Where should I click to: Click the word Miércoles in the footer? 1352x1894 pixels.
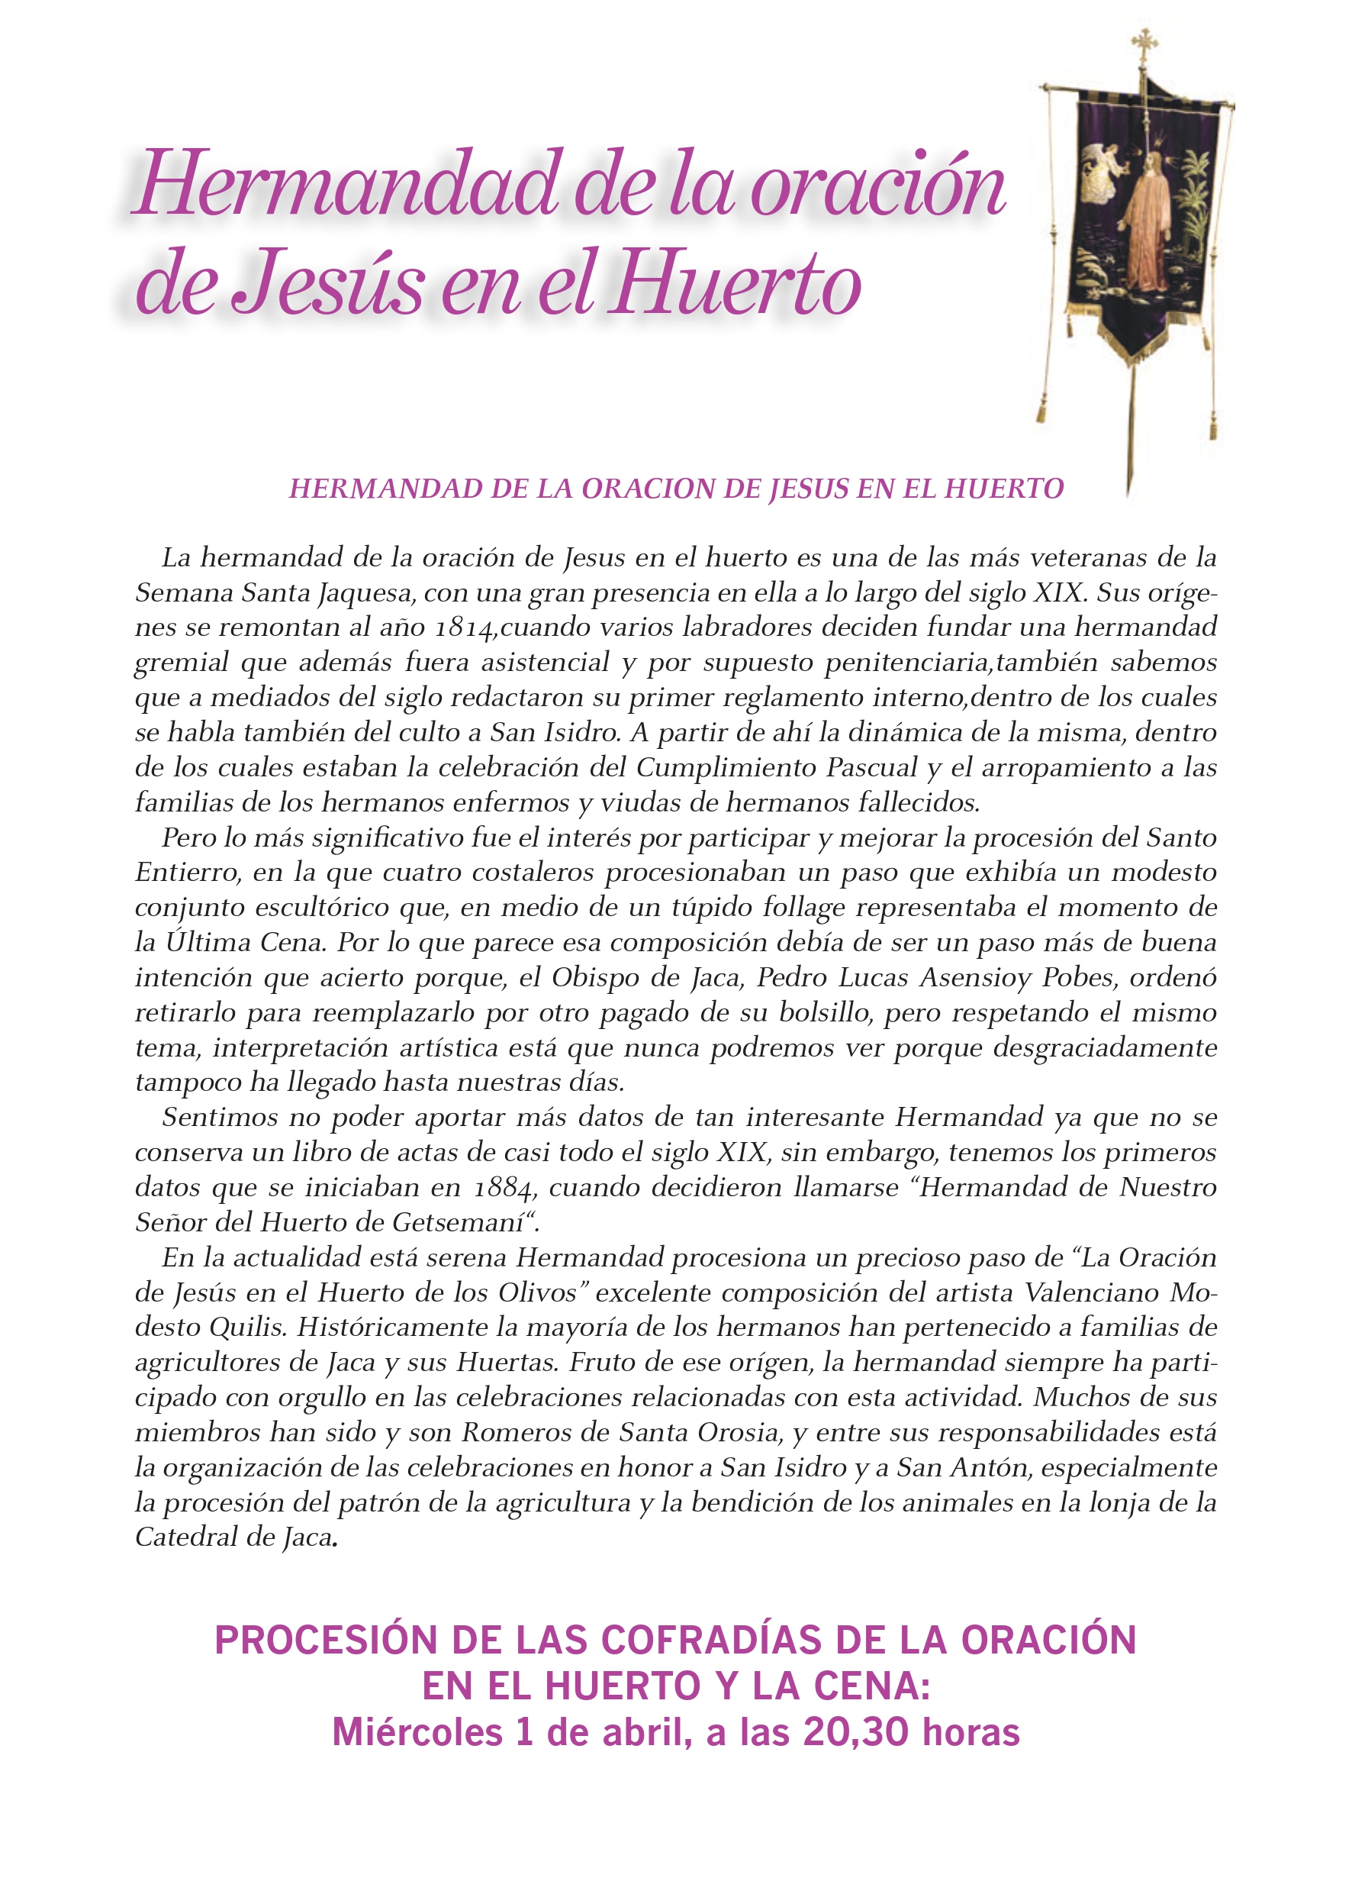coord(417,1733)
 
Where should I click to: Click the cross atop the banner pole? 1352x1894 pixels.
coord(1144,42)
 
